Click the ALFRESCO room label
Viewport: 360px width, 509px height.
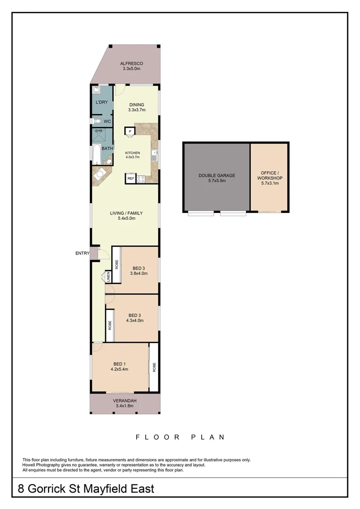pyautogui.click(x=131, y=63)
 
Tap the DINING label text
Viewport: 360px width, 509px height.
pyautogui.click(x=137, y=105)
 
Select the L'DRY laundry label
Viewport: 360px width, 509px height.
pyautogui.click(x=101, y=102)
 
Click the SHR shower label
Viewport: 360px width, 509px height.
pyautogui.click(x=98, y=131)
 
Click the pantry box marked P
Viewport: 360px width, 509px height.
pyautogui.click(x=130, y=131)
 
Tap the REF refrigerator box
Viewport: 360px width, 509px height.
pyautogui.click(x=131, y=179)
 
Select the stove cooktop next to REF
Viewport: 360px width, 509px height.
pyautogui.click(x=140, y=179)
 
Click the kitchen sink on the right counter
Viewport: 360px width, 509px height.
pyautogui.click(x=154, y=153)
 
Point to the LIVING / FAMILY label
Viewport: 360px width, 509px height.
pyautogui.click(x=126, y=213)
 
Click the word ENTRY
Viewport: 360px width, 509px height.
pyautogui.click(x=82, y=253)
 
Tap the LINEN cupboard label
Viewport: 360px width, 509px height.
pyautogui.click(x=108, y=277)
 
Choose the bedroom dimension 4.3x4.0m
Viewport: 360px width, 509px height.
pyautogui.click(x=135, y=320)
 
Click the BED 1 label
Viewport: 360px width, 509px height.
pyautogui.click(x=119, y=363)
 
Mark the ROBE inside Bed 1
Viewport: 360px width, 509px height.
pyautogui.click(x=154, y=367)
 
